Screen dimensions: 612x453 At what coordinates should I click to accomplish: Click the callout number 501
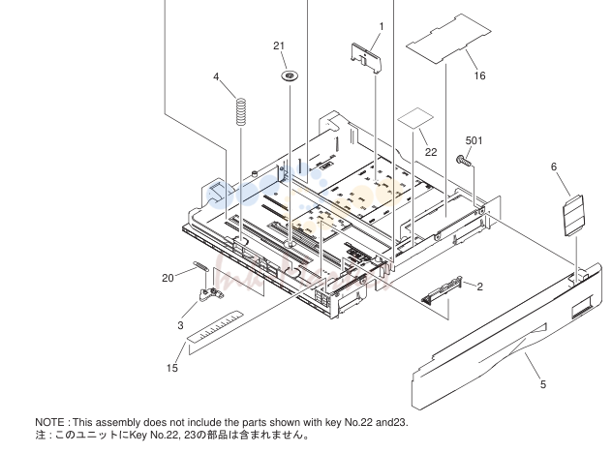(x=474, y=140)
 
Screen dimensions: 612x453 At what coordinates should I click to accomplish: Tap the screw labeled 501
(x=463, y=160)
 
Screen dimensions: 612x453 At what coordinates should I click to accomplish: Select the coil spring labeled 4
(x=241, y=111)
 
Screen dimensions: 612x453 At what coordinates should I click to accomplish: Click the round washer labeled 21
(x=290, y=75)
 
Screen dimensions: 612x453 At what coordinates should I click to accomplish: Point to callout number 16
(x=479, y=75)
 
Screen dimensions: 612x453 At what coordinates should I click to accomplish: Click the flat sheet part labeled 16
(x=448, y=39)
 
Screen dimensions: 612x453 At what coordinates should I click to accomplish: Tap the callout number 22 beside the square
(x=431, y=152)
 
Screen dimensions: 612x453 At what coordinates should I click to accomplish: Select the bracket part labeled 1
(x=366, y=58)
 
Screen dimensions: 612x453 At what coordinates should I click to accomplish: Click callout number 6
(x=554, y=166)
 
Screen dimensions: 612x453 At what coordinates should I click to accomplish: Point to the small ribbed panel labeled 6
(x=573, y=215)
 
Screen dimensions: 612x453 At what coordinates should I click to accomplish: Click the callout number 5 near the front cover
(x=543, y=384)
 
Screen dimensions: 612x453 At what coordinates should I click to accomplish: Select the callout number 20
(x=168, y=278)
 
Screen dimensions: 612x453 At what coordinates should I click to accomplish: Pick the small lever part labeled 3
(x=211, y=294)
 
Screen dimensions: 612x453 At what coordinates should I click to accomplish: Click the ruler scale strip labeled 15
(x=215, y=327)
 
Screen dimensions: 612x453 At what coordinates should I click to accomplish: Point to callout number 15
(x=172, y=368)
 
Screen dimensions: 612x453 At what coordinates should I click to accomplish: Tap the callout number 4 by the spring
(x=216, y=76)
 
